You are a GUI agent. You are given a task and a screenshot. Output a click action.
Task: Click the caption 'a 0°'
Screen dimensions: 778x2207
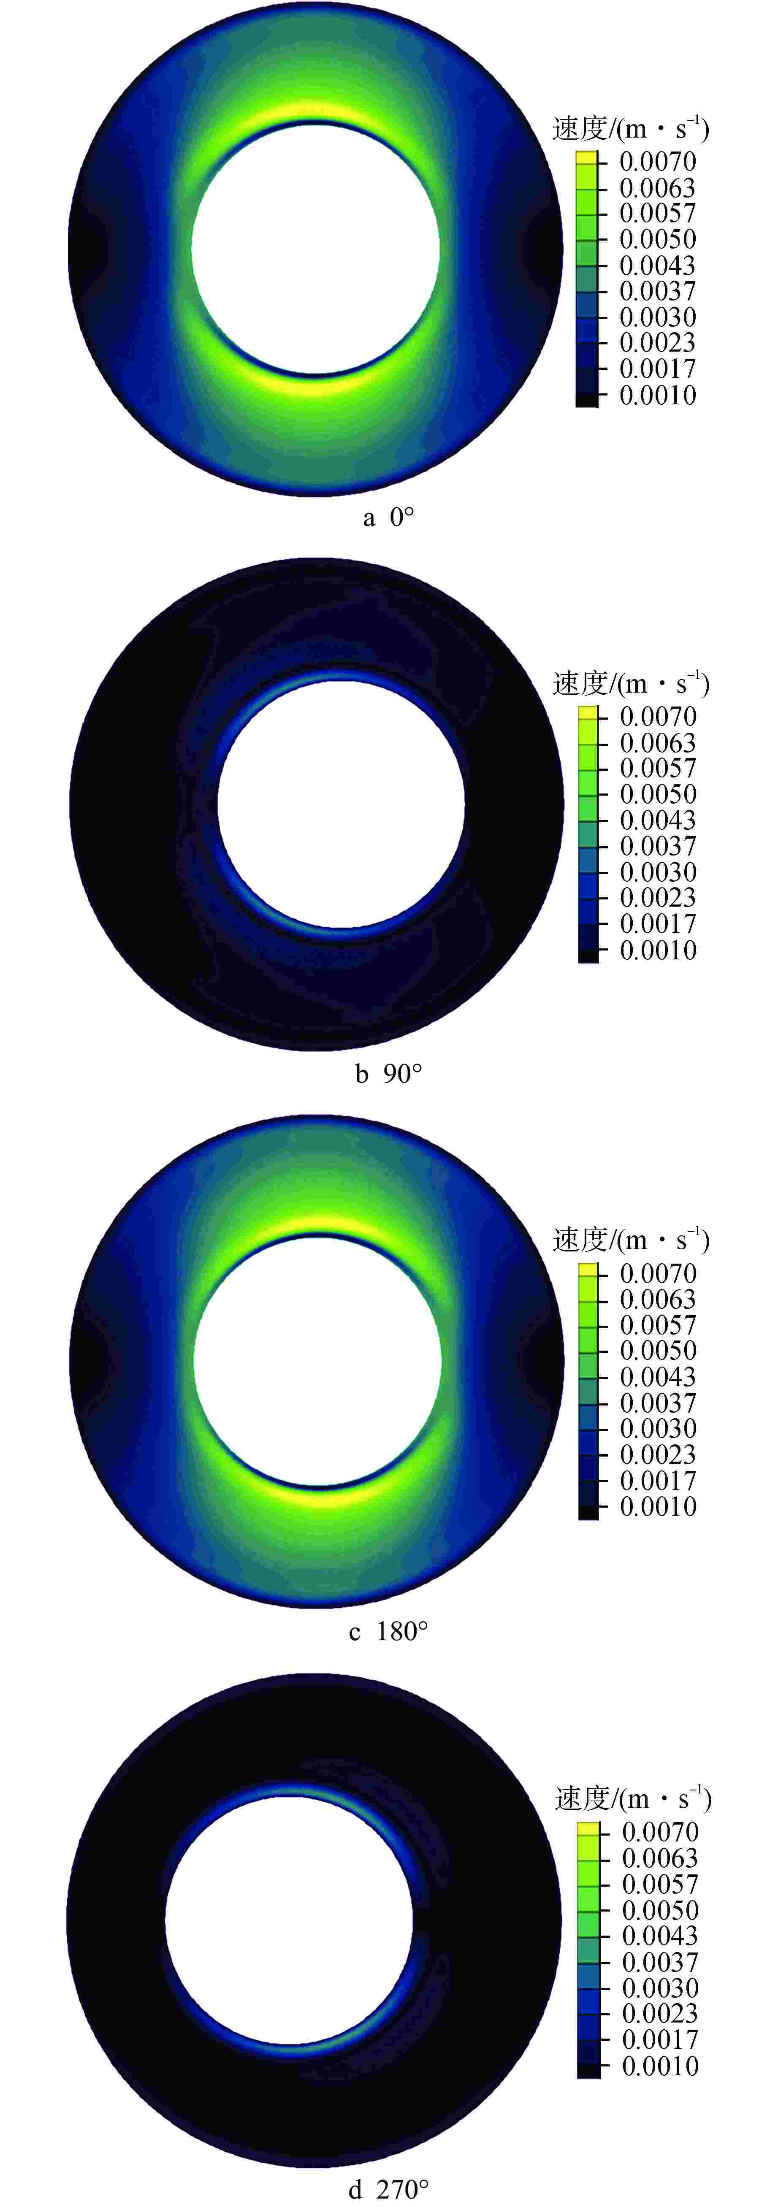tap(388, 517)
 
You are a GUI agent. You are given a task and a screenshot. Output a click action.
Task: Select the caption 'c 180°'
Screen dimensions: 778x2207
tap(388, 1630)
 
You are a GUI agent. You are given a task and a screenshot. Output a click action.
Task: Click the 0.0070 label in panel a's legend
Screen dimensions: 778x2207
tap(657, 161)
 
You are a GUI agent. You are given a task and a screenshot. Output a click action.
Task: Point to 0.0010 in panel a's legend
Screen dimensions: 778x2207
tap(657, 395)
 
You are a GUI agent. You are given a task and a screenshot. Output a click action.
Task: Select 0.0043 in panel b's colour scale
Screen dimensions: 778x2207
tap(657, 820)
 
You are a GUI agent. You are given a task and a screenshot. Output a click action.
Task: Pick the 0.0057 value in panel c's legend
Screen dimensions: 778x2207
tap(657, 1324)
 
